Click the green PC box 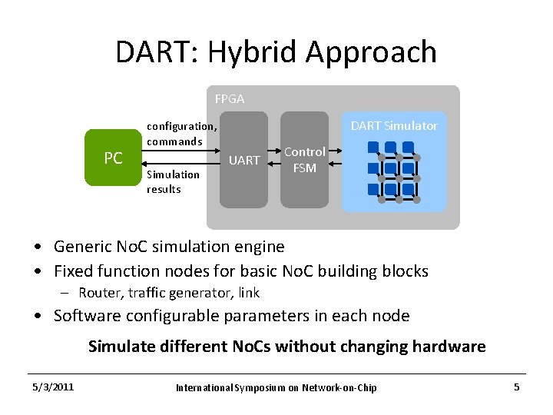[113, 158]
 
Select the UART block [243, 160]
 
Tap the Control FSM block [304, 160]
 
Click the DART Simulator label [393, 126]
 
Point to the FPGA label [229, 99]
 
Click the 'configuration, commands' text [181, 134]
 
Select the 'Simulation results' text [173, 181]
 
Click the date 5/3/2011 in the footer [52, 387]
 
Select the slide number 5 [516, 387]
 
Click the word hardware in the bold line [449, 346]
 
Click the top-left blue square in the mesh [373, 151]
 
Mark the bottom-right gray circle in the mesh [416, 198]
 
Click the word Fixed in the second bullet [73, 271]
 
